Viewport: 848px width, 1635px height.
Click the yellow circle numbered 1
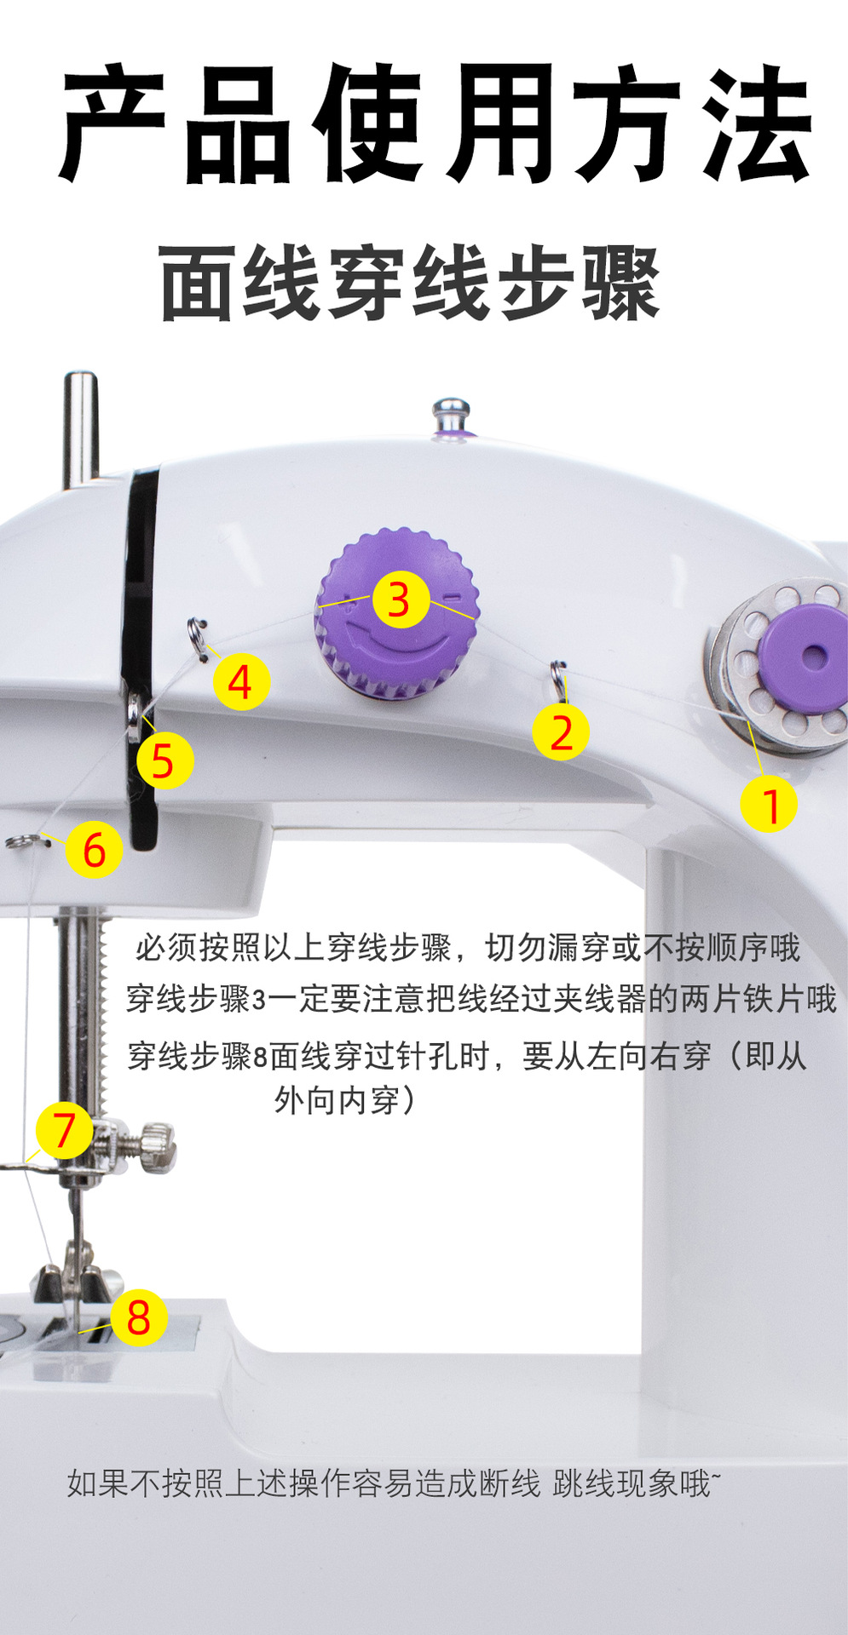(x=769, y=804)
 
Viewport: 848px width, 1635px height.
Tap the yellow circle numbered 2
(x=561, y=731)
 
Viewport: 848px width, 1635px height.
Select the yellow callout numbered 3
(x=399, y=599)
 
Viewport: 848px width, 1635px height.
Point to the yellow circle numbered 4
(x=241, y=682)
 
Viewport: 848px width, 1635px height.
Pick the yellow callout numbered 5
(x=164, y=760)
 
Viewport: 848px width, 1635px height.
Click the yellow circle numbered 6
(x=95, y=849)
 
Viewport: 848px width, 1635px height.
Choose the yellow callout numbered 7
(x=65, y=1131)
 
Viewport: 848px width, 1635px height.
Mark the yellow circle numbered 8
(x=139, y=1317)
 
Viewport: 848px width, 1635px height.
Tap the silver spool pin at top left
(x=81, y=429)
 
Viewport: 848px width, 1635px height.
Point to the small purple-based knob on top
(x=452, y=418)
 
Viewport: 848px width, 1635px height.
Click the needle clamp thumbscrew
(x=158, y=1145)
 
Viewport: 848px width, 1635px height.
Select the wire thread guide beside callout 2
(x=558, y=679)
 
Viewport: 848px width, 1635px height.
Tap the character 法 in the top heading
(x=754, y=125)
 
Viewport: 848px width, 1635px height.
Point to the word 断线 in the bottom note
(x=509, y=1483)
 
